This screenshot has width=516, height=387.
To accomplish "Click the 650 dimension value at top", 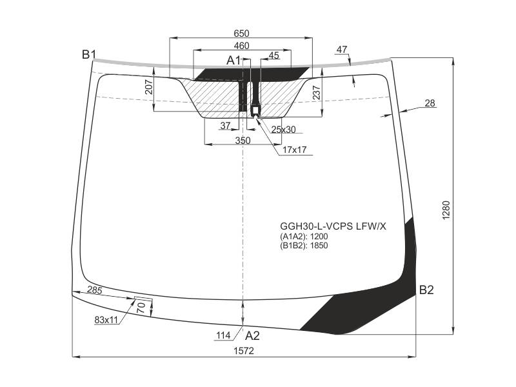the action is (x=241, y=34).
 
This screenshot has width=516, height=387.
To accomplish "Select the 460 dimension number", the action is (x=241, y=46).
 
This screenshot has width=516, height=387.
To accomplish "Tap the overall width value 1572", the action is (x=244, y=351).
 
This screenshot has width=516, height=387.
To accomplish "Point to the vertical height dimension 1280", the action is (x=446, y=210).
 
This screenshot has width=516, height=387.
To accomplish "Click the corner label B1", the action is (x=89, y=55).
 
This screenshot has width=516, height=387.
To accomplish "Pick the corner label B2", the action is (x=426, y=290).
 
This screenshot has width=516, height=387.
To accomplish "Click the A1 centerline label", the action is (x=233, y=61).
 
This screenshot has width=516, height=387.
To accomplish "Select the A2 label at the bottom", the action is (x=252, y=335).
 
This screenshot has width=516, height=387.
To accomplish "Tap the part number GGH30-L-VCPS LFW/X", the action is (x=333, y=226).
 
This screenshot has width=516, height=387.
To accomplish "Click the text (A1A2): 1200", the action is (x=304, y=236).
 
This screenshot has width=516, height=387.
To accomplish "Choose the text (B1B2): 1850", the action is (x=304, y=246).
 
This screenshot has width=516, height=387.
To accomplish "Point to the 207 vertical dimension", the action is (x=149, y=87).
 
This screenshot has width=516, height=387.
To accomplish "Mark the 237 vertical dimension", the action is (x=317, y=92).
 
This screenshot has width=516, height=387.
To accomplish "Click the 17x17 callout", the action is (x=295, y=150).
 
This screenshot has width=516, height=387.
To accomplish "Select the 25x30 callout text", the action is (x=283, y=130).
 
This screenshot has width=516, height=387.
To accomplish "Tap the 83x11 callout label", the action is (x=106, y=320).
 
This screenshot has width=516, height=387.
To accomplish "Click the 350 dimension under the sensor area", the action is (x=243, y=141).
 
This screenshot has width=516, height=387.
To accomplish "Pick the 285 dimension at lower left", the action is (x=95, y=290).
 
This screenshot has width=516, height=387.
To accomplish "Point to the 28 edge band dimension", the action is (x=430, y=103).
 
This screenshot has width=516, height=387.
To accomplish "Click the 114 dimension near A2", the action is (x=223, y=335).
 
